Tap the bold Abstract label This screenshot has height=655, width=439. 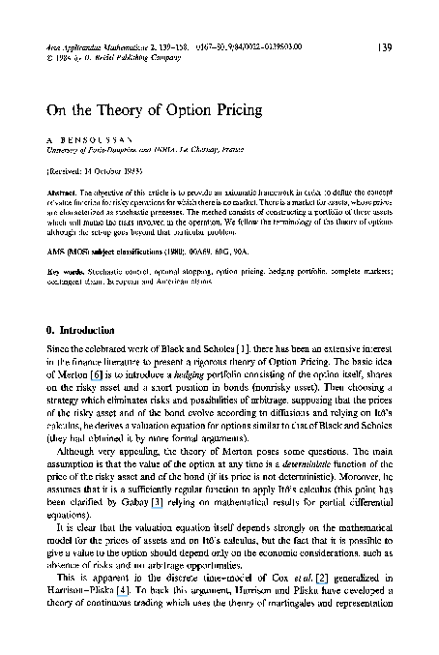pos(63,193)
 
